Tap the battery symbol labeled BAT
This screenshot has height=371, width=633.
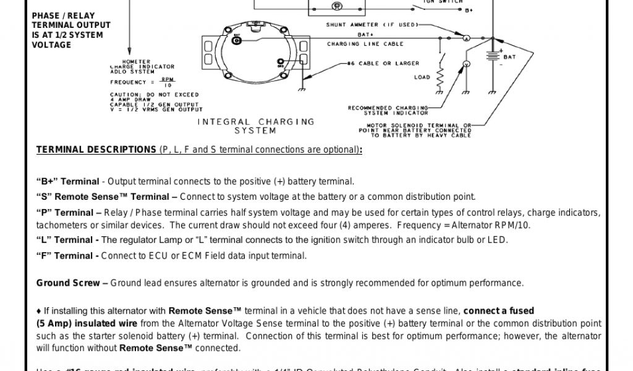491,56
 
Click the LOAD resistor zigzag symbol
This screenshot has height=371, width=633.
441,78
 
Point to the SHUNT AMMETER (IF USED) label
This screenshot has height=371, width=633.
372,25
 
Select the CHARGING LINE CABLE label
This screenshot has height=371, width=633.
365,44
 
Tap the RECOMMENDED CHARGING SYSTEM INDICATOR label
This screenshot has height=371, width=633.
388,110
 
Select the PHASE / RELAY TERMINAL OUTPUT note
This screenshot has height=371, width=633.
70,30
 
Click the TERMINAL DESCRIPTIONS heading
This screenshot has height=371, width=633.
96,150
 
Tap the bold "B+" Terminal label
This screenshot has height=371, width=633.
67,182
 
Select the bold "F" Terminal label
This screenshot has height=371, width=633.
66,255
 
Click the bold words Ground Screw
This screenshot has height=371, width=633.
67,283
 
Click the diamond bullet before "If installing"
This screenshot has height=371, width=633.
39,310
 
